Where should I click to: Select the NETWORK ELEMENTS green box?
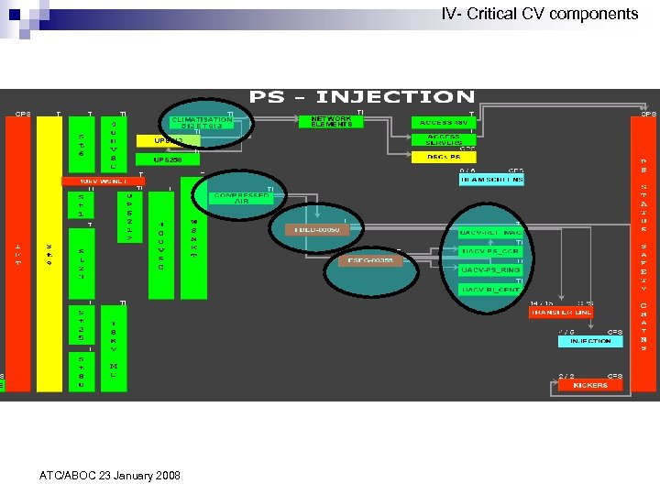coord(331,121)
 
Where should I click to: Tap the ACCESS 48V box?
coord(445,122)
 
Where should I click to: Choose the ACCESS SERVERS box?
coord(445,139)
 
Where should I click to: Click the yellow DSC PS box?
coord(445,157)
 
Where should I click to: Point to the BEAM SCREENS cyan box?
coord(491,180)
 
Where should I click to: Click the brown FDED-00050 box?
coord(317,229)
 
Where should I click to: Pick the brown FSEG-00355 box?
coord(370,260)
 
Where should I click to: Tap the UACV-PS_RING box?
coord(490,269)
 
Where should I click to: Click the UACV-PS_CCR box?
coord(490,250)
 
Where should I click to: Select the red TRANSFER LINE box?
coord(561,312)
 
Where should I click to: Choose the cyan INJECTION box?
coord(590,340)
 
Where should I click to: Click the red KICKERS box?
coord(590,385)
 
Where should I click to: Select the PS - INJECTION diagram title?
coord(362,96)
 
